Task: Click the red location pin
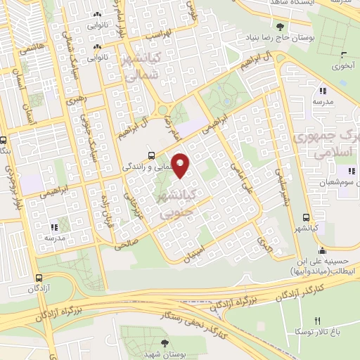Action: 181,165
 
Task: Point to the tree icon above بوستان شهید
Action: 165,344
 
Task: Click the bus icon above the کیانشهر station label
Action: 305,217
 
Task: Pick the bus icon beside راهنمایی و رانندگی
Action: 151,155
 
